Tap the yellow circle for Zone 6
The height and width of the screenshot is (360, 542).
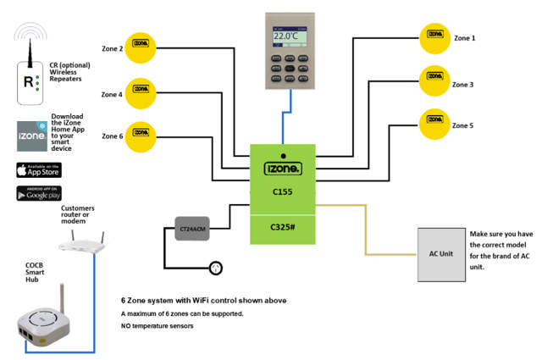click(140, 135)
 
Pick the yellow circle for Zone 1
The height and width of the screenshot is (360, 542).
click(435, 37)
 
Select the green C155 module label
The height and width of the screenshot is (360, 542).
click(282, 192)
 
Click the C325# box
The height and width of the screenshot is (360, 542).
click(282, 227)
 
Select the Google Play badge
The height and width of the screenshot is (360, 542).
click(38, 193)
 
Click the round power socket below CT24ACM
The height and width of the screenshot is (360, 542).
click(215, 269)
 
